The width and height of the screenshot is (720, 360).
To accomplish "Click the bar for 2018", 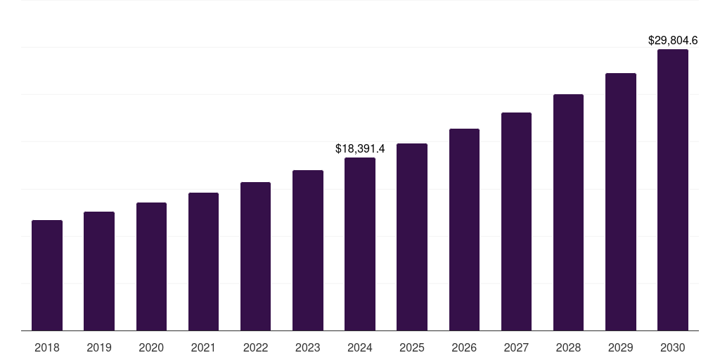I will point(47,276).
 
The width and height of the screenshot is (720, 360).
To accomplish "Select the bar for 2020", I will point(151,266).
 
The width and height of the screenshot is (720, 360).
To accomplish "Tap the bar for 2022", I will point(255,257).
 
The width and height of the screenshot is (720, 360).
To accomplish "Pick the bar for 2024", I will point(360,244).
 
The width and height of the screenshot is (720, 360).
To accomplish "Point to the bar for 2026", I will point(464,230).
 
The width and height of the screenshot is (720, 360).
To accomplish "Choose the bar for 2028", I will point(568,212).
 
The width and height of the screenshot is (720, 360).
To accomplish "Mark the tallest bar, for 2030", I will point(672,190).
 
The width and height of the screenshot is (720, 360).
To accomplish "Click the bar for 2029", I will point(620,202).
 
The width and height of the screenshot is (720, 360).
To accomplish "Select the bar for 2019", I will point(99,271).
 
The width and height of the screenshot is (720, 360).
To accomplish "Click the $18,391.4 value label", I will point(360,149).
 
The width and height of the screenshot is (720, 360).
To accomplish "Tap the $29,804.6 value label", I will point(672,41).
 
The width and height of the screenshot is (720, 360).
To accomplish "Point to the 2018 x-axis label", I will point(47,347).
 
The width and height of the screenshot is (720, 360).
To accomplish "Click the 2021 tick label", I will point(203,347).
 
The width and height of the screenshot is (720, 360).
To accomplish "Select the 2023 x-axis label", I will point(307,347).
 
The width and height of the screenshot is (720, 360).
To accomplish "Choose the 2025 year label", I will point(412,347).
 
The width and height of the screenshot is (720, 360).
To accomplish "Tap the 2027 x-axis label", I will point(516,347).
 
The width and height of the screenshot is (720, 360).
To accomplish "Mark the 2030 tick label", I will point(672,347).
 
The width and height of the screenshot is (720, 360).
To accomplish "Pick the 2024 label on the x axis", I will point(360,347).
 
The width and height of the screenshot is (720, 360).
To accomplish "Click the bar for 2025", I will point(412,237).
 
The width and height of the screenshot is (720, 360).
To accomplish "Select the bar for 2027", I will point(516,221).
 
